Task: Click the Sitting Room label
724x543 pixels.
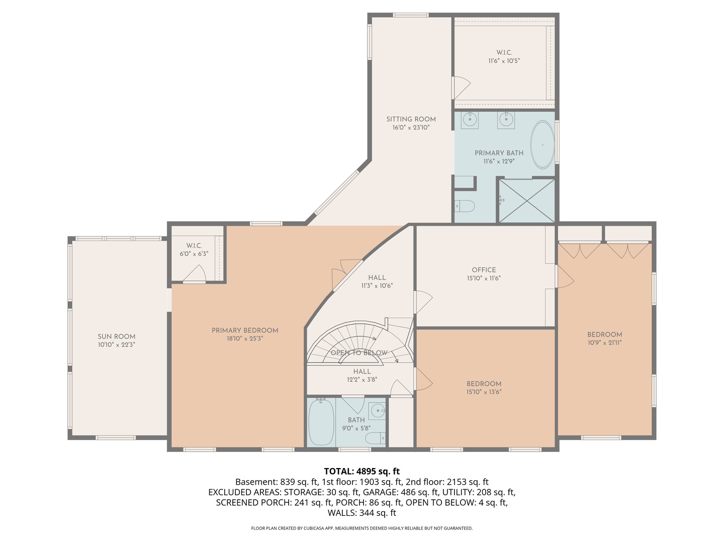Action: (x=411, y=119)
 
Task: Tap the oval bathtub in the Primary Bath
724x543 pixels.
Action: (x=542, y=145)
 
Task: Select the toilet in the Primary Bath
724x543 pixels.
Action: (x=465, y=206)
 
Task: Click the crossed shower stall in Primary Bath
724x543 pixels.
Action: (x=526, y=201)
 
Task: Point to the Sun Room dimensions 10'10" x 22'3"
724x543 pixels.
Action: (x=117, y=345)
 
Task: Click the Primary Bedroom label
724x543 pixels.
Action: (x=245, y=330)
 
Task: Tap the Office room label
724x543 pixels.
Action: (x=484, y=269)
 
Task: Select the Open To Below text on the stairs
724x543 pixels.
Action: (x=359, y=353)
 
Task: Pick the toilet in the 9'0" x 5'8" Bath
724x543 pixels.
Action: (x=376, y=438)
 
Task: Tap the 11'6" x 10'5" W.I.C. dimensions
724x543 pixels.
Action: (x=504, y=61)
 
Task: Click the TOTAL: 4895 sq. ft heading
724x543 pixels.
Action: (x=362, y=471)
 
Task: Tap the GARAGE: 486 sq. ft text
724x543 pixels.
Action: (x=401, y=492)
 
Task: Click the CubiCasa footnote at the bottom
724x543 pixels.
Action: (x=362, y=528)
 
